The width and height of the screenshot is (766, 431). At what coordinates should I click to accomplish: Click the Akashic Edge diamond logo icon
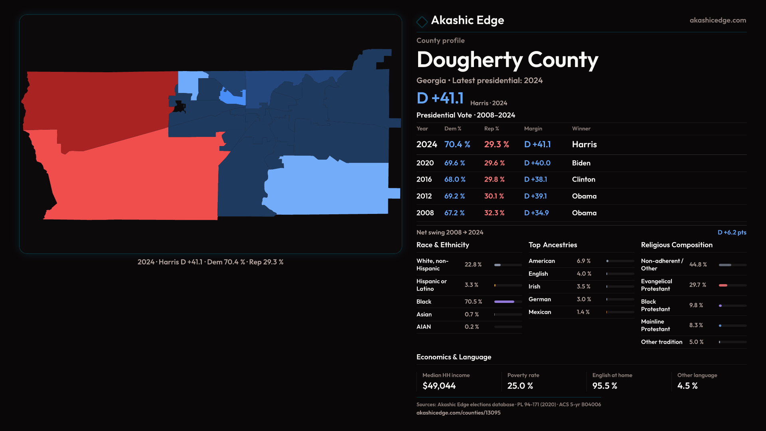(422, 22)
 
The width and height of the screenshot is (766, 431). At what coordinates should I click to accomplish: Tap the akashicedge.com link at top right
(717, 20)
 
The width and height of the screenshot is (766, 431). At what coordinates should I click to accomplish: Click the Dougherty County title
(507, 60)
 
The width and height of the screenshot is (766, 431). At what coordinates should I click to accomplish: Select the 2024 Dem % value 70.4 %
(457, 144)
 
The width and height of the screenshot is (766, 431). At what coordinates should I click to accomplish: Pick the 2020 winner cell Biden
(581, 163)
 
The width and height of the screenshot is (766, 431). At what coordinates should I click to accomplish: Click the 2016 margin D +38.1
(535, 180)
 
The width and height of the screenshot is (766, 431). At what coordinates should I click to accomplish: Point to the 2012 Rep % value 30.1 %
(494, 196)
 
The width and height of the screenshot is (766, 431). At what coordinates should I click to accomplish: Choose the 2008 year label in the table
(425, 213)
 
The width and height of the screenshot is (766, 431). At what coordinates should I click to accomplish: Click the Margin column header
(533, 129)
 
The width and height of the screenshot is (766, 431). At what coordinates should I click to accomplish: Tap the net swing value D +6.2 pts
(732, 232)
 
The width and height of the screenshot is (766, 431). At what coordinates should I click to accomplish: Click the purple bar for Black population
(504, 302)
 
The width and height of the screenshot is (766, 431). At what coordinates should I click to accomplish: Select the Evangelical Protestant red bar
(723, 285)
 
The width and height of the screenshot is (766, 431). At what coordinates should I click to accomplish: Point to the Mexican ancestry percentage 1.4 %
(583, 312)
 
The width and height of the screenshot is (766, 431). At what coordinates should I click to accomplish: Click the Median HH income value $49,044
(439, 386)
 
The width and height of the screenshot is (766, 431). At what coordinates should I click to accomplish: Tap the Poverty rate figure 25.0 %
(520, 386)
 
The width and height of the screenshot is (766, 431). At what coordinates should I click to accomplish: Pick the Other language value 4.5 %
(687, 386)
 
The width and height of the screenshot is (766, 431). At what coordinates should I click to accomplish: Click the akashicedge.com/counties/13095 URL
(458, 413)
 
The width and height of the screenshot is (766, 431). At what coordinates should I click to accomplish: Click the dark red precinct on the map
(100, 108)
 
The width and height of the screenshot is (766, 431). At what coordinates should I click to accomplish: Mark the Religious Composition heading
(677, 245)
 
